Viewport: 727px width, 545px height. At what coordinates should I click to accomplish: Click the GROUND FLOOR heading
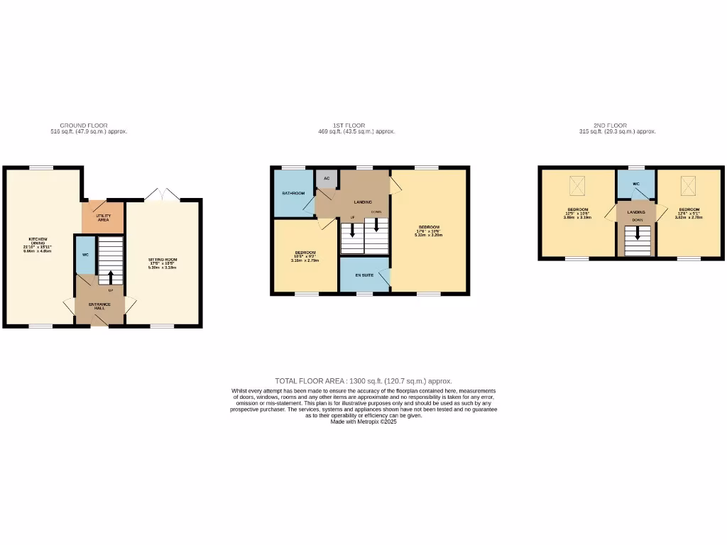tap(84, 125)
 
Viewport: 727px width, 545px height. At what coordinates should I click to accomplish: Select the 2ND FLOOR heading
tap(610, 125)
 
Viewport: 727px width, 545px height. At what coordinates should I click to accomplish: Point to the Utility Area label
tap(103, 218)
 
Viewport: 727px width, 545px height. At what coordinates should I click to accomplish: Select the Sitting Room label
tap(162, 262)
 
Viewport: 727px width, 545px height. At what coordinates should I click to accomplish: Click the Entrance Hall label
tap(99, 306)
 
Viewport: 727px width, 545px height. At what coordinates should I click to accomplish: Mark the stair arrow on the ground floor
tap(110, 276)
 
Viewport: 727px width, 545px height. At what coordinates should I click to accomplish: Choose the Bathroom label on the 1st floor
tap(293, 193)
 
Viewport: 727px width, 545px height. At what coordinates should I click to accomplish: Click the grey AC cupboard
tap(327, 178)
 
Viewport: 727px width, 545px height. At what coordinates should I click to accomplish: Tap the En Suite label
tap(364, 274)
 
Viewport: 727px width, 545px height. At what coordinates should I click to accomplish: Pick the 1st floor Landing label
tap(363, 202)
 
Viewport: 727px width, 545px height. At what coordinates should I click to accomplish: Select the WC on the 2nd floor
tap(635, 184)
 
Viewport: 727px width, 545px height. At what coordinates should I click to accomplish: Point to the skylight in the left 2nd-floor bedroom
tap(576, 186)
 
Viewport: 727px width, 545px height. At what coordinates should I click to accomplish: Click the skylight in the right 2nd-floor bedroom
tap(688, 186)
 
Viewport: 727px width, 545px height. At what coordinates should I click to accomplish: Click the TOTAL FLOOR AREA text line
tap(363, 381)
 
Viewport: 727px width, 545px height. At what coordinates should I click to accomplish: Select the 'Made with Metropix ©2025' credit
tap(363, 422)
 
